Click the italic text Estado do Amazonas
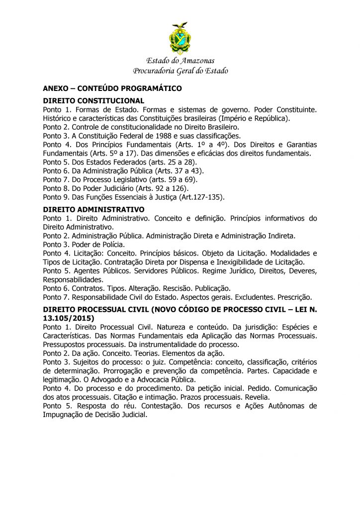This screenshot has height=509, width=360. point(180,61)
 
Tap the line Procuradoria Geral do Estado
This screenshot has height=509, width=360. point(180,71)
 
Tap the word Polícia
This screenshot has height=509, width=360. point(113,245)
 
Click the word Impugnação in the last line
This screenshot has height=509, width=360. point(65,415)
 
